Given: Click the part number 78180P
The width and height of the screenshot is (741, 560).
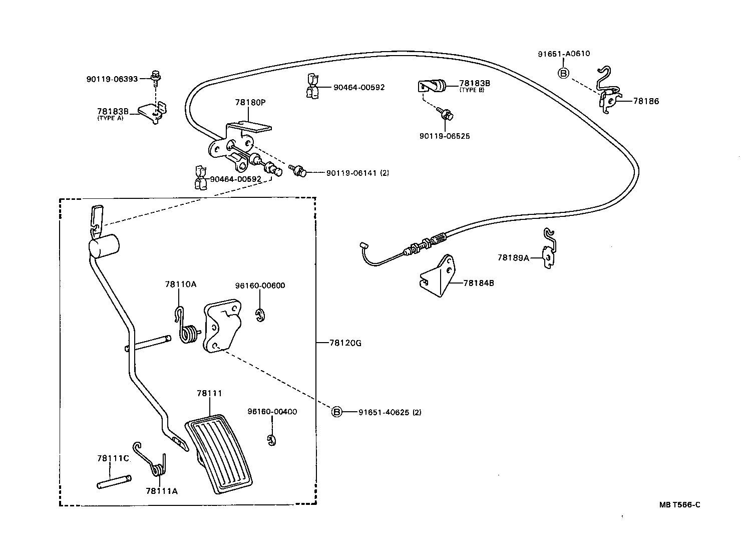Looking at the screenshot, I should [x=250, y=102].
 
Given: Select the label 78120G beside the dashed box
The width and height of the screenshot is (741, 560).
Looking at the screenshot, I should [x=345, y=343].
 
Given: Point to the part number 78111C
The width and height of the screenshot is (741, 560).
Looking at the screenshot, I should [x=113, y=458].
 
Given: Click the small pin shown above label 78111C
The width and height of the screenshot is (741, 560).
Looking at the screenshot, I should [x=114, y=481].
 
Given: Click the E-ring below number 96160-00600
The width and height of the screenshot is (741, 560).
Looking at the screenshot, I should [x=260, y=316].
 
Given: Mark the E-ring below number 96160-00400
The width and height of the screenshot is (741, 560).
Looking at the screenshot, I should [x=271, y=440].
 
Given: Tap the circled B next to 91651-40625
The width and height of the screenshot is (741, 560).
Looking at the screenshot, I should [x=337, y=412].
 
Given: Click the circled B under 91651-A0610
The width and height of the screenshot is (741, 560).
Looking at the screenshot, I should [x=563, y=74].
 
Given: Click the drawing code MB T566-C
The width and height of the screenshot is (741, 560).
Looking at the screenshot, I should [x=679, y=504].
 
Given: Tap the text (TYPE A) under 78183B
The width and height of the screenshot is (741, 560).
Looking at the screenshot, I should [x=110, y=118].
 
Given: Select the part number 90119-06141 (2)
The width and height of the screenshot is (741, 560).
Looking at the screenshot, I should [x=357, y=173].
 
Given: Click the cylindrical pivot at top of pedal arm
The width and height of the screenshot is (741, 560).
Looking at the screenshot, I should [x=104, y=246].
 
